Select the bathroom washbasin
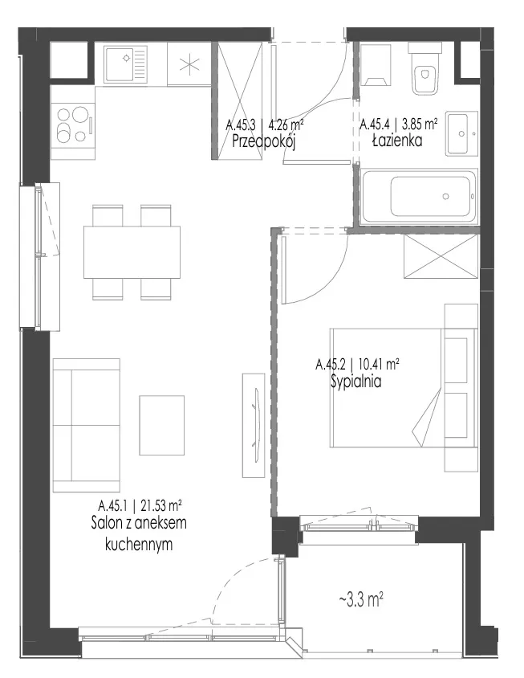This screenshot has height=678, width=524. [x=461, y=133]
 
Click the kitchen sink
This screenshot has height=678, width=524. [x=125, y=64]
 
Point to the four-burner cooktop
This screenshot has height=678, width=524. [x=72, y=125]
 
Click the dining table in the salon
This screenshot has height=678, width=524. [x=132, y=252]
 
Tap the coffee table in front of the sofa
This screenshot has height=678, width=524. [x=161, y=425]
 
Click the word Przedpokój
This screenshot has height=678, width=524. [x=263, y=141]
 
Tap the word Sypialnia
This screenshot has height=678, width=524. [x=356, y=382]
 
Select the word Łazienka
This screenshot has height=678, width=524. [x=397, y=141]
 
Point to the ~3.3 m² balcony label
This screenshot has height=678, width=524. [x=361, y=600]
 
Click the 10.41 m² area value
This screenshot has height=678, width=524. [x=379, y=365]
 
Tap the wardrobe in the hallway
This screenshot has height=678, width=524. [x=240, y=100]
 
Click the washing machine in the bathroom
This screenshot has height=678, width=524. [x=376, y=65]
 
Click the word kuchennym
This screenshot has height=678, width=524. [x=139, y=545]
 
